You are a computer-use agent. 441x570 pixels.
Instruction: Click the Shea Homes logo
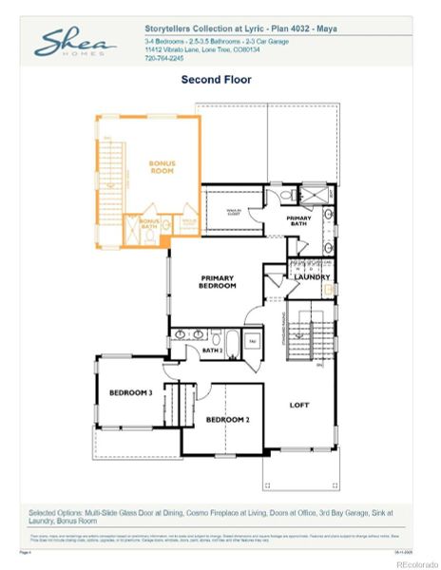coord(76,44)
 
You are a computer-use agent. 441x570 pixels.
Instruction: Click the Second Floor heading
coord(216,80)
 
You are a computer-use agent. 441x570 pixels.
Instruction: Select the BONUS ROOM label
coord(163,166)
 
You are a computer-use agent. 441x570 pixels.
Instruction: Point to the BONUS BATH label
coord(149,224)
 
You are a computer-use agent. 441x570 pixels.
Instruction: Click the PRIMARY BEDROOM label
coord(217,282)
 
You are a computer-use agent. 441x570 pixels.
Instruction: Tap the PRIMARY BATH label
coord(299,220)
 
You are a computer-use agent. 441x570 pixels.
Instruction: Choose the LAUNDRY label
coord(312,277)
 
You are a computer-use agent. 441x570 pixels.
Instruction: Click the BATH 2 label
coord(211,351)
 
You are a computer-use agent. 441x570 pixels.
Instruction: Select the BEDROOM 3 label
coord(130,392)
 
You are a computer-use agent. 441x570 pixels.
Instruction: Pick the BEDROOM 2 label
coord(227,419)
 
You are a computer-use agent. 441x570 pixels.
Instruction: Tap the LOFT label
coord(300,405)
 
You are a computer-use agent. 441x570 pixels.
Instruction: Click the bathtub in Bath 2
coord(232,343)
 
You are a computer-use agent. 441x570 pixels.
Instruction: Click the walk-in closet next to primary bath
coord(234,212)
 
